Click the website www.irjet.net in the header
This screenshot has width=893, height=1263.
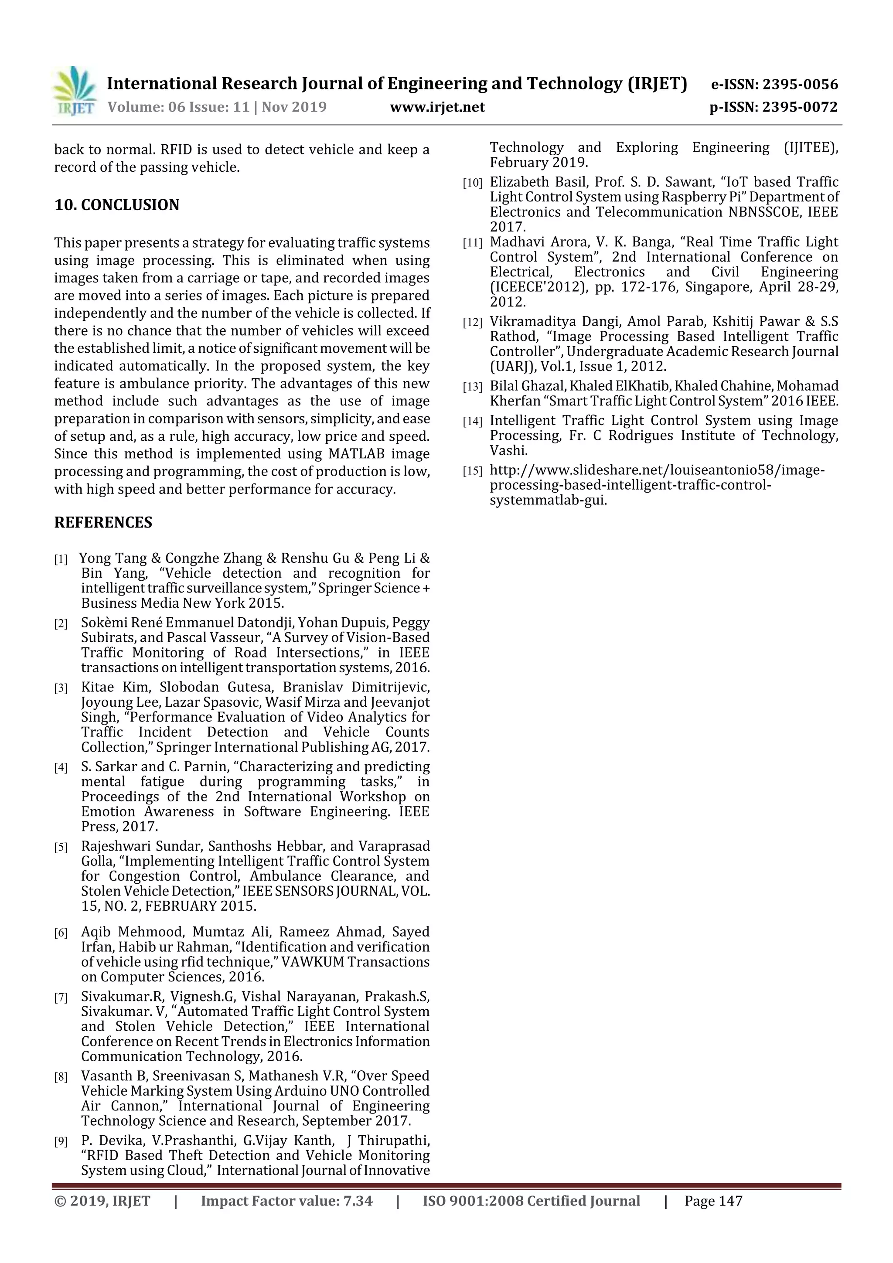437,107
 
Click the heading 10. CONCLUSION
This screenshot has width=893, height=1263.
117,205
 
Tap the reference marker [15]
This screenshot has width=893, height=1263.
472,471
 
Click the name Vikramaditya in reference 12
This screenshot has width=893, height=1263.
530,322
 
